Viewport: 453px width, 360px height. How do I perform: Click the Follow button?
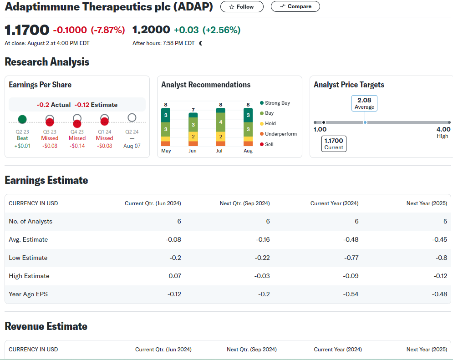[x=242, y=7]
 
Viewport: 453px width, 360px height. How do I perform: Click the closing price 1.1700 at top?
[x=27, y=30]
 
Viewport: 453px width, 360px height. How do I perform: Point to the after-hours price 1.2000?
[x=151, y=30]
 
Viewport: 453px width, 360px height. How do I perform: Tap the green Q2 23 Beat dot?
[x=22, y=119]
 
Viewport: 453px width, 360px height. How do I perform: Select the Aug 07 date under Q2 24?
[x=132, y=146]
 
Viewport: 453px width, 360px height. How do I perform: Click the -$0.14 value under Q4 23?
[x=77, y=146]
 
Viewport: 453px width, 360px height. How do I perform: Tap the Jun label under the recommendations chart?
[x=193, y=151]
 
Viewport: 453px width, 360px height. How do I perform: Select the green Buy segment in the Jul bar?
[x=221, y=122]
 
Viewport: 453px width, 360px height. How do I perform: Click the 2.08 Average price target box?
[x=364, y=103]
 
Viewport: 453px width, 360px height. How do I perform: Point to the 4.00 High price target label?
[x=443, y=132]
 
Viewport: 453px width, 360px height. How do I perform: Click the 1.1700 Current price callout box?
[x=334, y=143]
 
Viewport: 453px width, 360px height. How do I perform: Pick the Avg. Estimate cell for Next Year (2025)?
[x=440, y=239]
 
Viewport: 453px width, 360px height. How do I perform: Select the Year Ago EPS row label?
[x=28, y=294]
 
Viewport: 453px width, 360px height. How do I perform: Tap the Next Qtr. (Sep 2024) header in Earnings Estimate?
[x=244, y=203]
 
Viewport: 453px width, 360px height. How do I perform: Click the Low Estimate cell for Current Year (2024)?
[x=351, y=258]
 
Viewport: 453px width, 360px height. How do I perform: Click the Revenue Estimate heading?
[x=46, y=326]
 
